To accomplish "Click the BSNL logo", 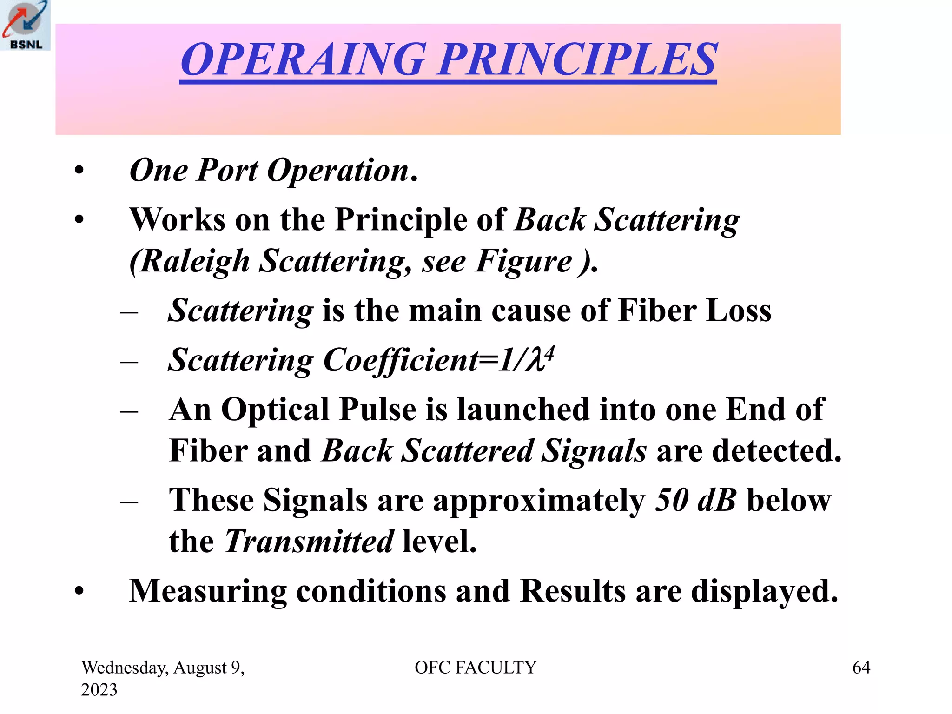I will click(x=25, y=25).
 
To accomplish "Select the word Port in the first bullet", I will click(x=227, y=170).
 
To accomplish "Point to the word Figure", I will click(x=523, y=261).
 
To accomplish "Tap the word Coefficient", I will click(x=400, y=360).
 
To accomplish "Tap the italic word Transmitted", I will click(x=309, y=542).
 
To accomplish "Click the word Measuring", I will click(x=208, y=591).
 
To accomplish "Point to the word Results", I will click(x=573, y=591).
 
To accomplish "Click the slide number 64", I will click(x=861, y=668).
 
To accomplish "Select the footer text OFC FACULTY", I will click(x=476, y=668).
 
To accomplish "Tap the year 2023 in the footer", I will click(x=99, y=690).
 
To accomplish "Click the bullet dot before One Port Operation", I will click(x=79, y=171).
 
